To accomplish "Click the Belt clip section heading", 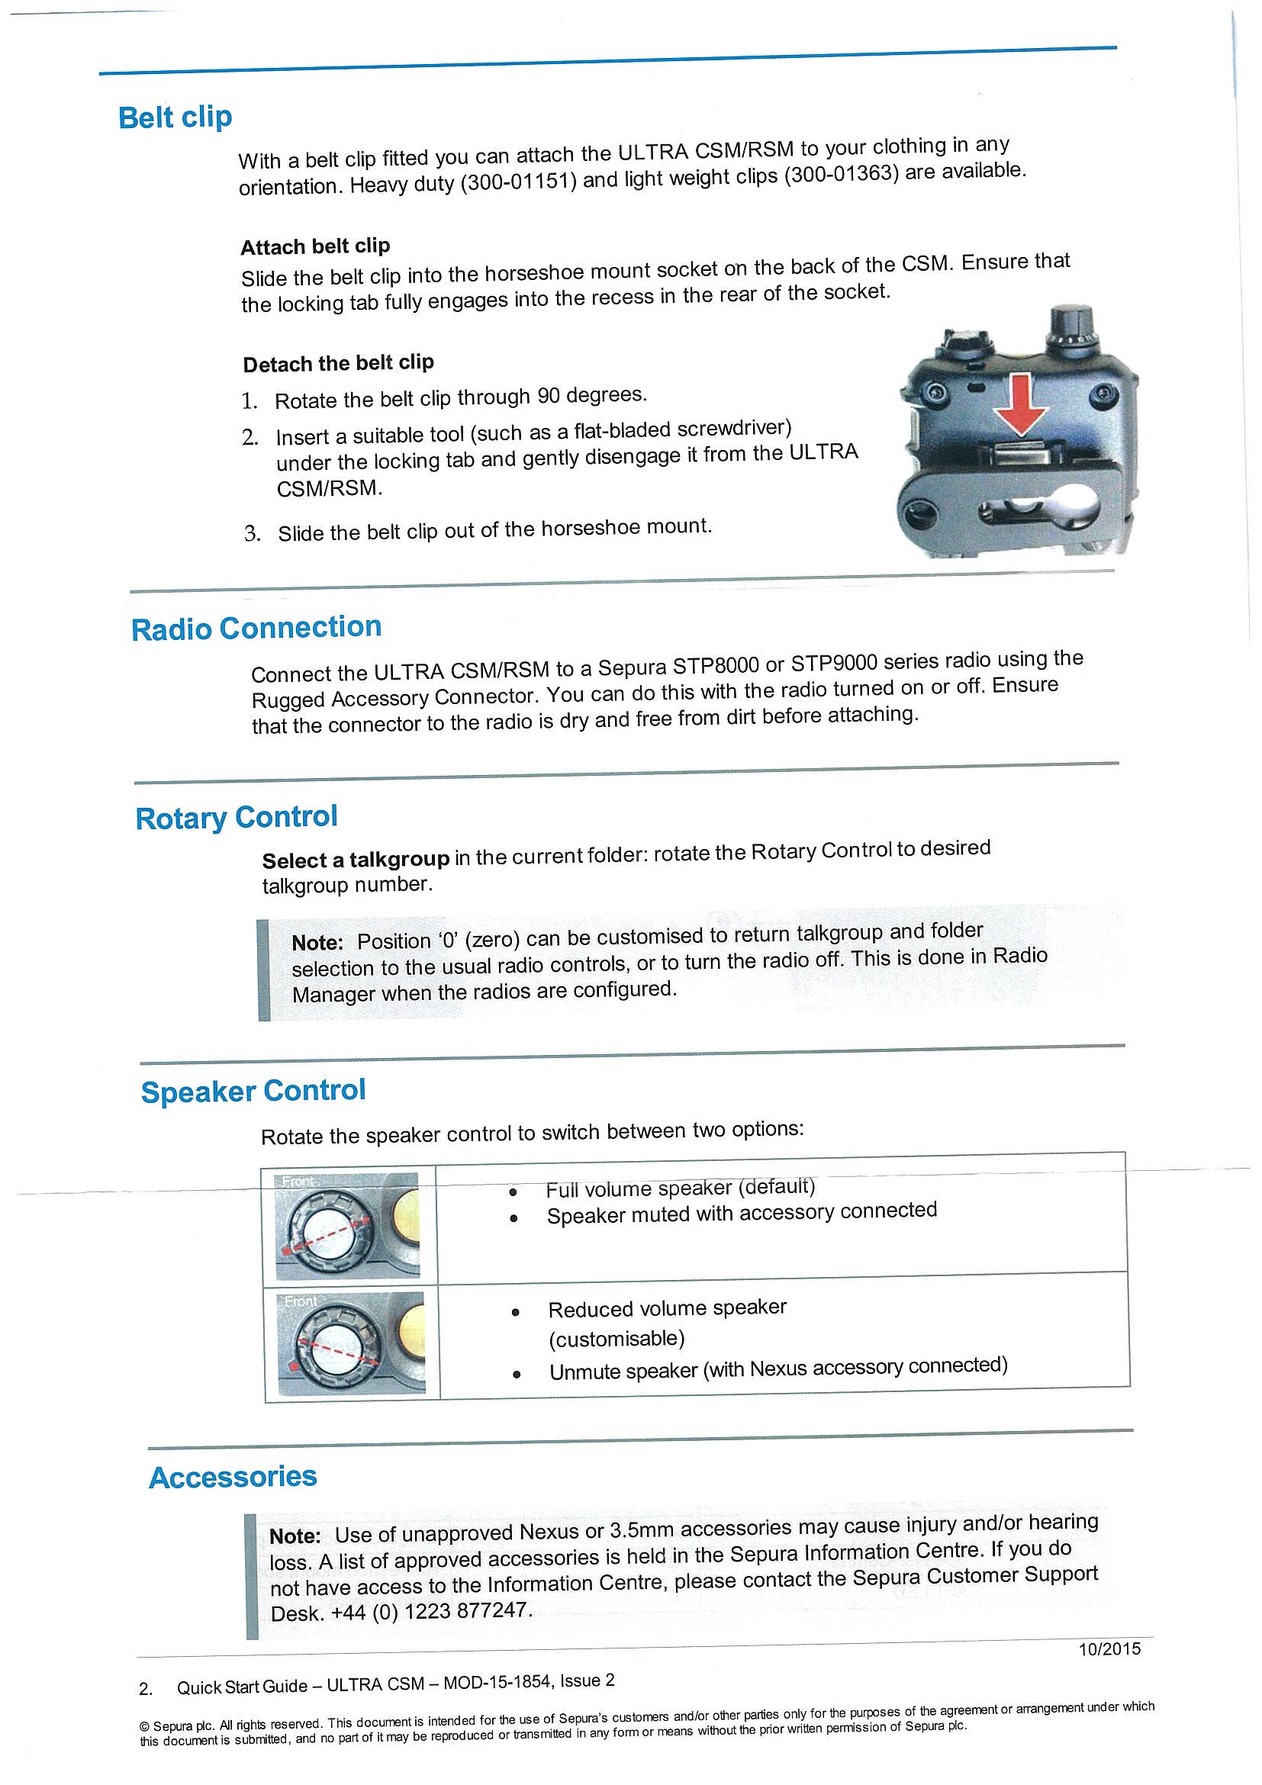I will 175,117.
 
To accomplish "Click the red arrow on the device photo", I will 1020,404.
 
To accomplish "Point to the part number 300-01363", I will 842,174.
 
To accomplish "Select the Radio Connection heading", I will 256,628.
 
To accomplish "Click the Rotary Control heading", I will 237,818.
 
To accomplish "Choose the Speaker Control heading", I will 253,1092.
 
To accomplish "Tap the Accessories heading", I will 233,1477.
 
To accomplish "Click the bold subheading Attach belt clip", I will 315,246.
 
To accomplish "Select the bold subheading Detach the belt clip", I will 338,363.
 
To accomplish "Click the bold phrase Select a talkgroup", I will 356,860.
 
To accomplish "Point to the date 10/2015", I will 1109,1649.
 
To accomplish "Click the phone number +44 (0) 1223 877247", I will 432,1612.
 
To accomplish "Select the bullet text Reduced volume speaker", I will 667,1309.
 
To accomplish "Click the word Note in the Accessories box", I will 295,1536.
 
